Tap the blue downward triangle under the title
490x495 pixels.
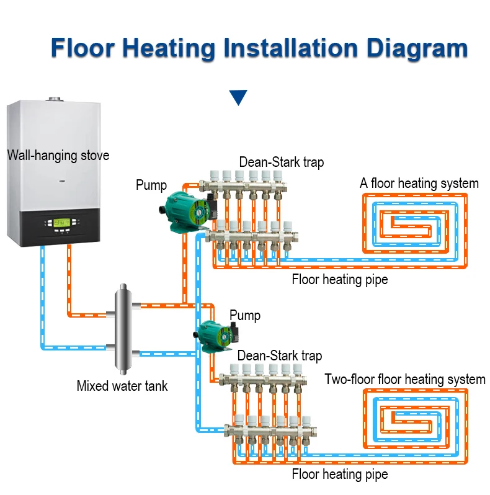[238, 97]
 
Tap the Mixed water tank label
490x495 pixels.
[122, 386]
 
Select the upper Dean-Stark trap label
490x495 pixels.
[281, 163]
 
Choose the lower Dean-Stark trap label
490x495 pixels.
[280, 355]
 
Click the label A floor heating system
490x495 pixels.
[419, 184]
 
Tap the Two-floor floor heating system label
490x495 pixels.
[405, 379]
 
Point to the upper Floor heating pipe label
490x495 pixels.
[340, 279]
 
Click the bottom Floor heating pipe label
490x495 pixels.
[340, 475]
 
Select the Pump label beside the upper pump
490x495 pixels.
[151, 185]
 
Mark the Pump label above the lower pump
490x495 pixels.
[245, 315]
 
